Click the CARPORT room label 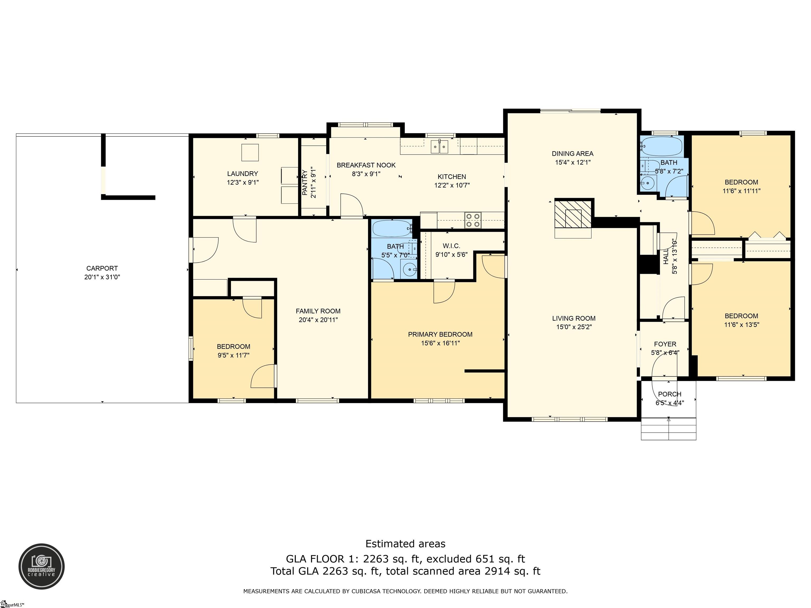(x=102, y=268)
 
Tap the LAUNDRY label (x=242, y=174)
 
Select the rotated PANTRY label (x=305, y=183)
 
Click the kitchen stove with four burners (x=473, y=220)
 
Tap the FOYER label (x=665, y=344)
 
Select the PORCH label (x=669, y=394)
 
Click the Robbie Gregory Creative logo (x=41, y=566)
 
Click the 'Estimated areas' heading (x=405, y=544)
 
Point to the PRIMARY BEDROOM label (x=440, y=334)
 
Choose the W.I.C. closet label (x=451, y=246)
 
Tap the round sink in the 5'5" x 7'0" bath (x=408, y=270)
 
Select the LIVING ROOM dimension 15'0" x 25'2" (x=574, y=327)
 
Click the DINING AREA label (x=573, y=154)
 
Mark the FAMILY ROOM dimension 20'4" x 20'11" (x=318, y=320)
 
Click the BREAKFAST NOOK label (x=366, y=165)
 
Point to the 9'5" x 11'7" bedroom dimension (x=234, y=355)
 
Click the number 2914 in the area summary (x=498, y=571)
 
